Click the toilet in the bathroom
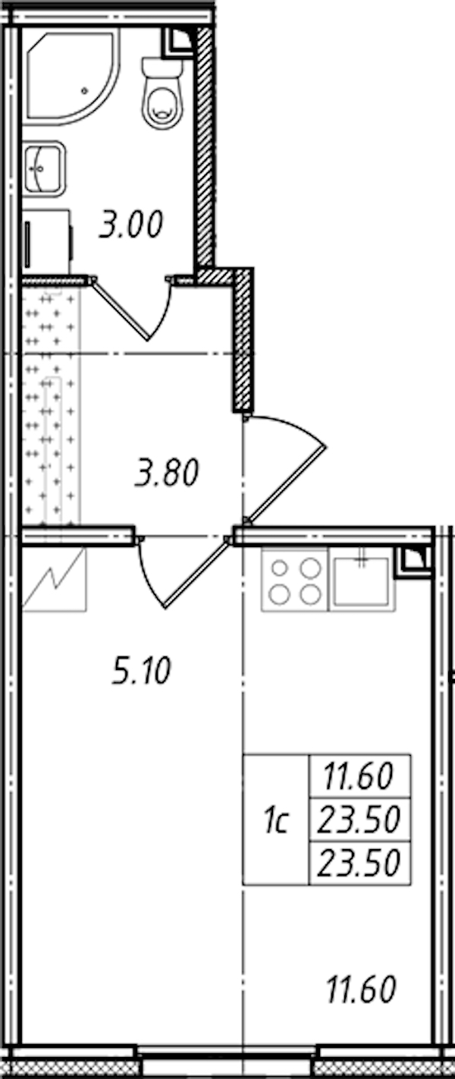click(163, 93)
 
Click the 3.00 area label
click(131, 225)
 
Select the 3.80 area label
click(167, 473)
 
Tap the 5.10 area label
click(141, 672)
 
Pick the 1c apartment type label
click(276, 819)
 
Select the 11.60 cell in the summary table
click(359, 776)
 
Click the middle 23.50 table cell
click(359, 819)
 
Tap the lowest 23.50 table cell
click(359, 863)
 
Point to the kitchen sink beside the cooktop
click(362, 580)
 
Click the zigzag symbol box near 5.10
click(55, 580)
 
